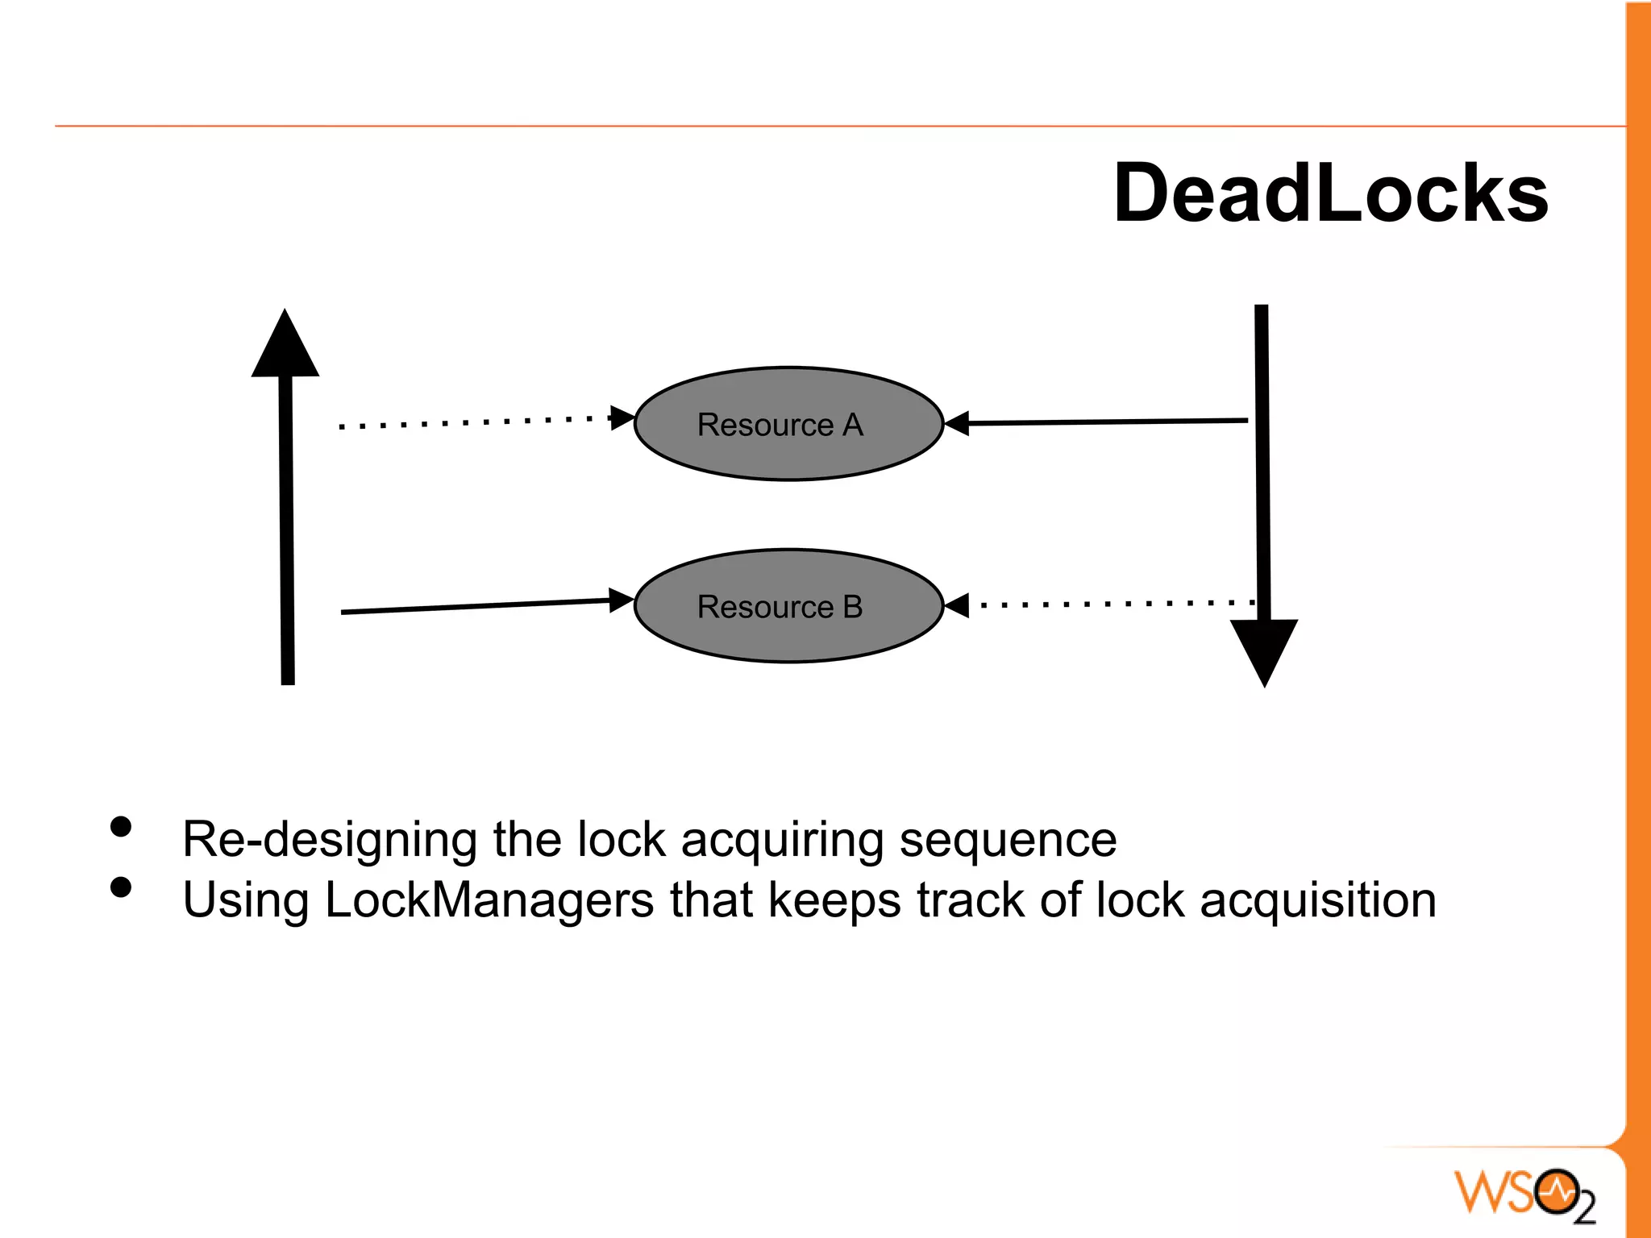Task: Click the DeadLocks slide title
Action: [x=1330, y=193]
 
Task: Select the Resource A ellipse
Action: [x=788, y=424]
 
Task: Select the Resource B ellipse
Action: [x=788, y=606]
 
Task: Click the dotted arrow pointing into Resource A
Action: [x=484, y=422]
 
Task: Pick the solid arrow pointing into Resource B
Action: [x=484, y=606]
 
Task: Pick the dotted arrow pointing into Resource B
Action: [x=1112, y=604]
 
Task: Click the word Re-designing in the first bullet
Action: [x=329, y=840]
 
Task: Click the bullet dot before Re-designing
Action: [x=121, y=827]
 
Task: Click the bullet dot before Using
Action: [x=121, y=887]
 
